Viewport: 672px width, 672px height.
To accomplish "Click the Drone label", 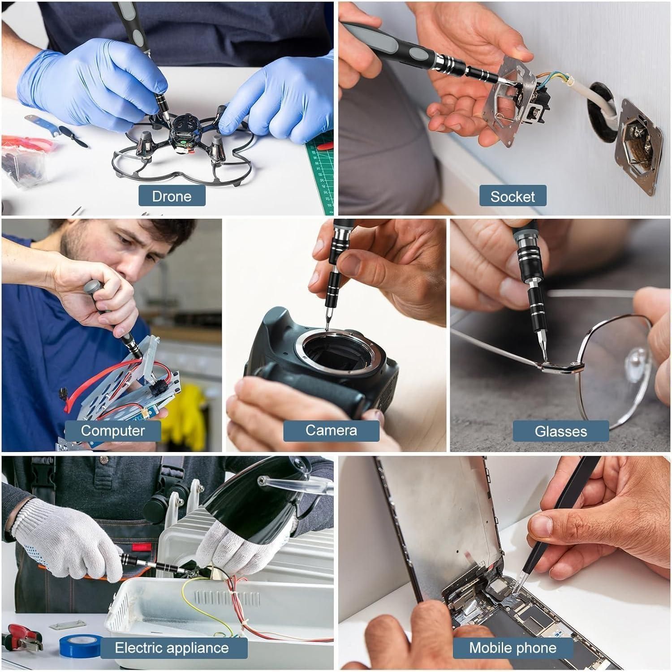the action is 172,196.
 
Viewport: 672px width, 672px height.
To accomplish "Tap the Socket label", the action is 513,196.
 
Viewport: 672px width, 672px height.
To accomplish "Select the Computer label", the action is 113,431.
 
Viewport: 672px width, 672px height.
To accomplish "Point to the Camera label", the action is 331,431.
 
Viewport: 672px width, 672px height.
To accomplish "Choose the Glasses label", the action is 560,431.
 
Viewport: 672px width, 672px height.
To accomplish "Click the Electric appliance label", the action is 172,648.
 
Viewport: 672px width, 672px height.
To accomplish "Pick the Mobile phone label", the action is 513,648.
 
